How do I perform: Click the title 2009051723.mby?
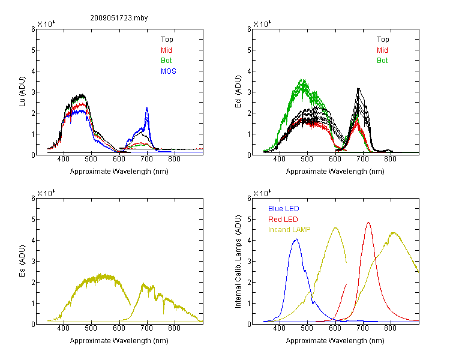(x=119, y=18)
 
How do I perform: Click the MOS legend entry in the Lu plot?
(x=169, y=71)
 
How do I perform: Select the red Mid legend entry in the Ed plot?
(x=382, y=50)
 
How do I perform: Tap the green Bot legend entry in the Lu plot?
(x=166, y=61)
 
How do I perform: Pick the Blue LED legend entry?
(x=284, y=209)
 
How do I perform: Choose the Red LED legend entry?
(x=283, y=220)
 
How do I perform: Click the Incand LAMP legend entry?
(x=289, y=230)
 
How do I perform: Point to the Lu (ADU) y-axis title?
(x=22, y=92)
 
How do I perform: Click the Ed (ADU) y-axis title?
(x=238, y=92)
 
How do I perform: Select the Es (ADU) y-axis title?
(x=22, y=261)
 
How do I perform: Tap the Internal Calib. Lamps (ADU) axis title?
(x=238, y=262)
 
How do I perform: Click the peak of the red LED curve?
(x=368, y=223)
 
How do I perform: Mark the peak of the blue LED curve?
(x=296, y=239)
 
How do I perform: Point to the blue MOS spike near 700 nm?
(x=147, y=108)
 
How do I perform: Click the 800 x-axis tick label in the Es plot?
(x=174, y=328)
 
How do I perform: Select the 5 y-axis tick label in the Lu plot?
(x=33, y=50)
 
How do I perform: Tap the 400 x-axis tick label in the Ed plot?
(x=279, y=159)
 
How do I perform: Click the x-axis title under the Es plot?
(x=119, y=341)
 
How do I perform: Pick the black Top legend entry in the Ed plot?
(x=383, y=40)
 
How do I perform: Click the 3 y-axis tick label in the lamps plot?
(x=249, y=261)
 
